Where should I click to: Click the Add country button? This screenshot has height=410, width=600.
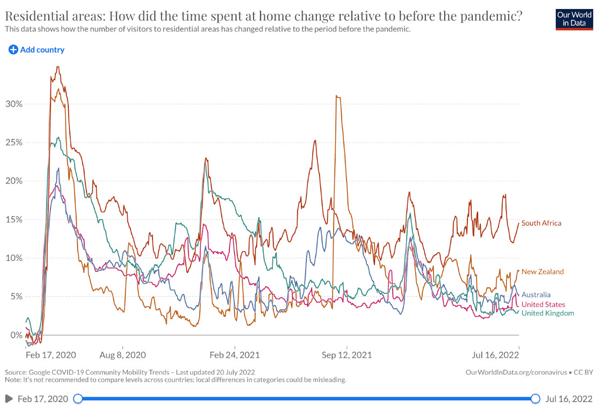(37, 50)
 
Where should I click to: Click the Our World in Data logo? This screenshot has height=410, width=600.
(574, 19)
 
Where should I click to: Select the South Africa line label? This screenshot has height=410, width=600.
(541, 223)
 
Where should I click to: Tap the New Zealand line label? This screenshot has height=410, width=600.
(543, 272)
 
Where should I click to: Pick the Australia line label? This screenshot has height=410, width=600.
(536, 295)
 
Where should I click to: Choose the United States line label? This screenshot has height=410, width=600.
(543, 305)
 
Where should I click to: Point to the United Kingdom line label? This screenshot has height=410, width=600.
(547, 313)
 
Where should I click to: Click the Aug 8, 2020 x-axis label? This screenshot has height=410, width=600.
(122, 355)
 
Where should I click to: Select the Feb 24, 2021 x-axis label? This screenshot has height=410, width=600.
(234, 355)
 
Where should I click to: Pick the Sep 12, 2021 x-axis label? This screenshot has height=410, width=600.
(346, 355)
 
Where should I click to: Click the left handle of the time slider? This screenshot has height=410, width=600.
(78, 399)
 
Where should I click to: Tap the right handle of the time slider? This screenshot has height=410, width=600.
(535, 399)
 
